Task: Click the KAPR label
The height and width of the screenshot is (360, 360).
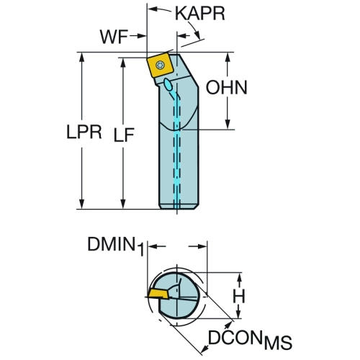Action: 200,14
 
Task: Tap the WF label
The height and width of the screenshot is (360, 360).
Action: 114,37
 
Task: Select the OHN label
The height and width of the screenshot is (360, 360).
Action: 226,87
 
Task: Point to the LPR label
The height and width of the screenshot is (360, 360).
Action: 84,132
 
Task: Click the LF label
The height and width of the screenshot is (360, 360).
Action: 124,135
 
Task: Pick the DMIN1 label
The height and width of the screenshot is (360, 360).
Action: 116,246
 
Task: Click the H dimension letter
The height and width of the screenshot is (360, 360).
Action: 239,296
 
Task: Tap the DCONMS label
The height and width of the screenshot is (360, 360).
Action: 250,340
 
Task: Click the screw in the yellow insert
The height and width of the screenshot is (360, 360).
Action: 159,65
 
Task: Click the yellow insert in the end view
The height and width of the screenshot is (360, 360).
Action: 158,294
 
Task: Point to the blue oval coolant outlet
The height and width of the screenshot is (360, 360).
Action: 168,84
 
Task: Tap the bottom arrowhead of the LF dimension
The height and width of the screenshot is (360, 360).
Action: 123,204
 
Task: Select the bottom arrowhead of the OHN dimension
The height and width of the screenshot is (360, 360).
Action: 228,124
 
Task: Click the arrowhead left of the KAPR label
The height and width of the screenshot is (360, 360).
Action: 153,9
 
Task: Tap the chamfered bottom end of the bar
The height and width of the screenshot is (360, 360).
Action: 179,207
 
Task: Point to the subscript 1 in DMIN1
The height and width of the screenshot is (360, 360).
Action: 140,250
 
